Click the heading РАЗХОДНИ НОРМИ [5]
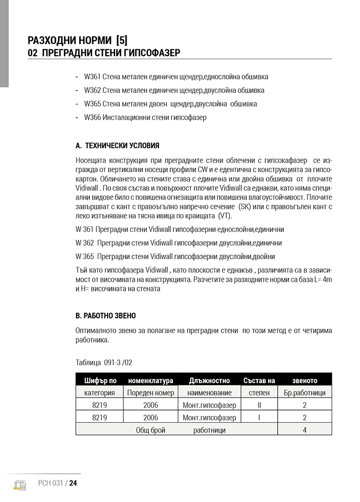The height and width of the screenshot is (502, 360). coord(78,40)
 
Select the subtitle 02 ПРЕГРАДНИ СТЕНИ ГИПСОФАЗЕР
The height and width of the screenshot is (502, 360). coord(103,53)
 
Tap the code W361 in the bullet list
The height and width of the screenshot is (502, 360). coord(92,77)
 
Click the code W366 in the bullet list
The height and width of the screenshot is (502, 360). coord(93,117)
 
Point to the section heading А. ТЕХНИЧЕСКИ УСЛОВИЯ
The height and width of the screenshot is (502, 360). coord(117,146)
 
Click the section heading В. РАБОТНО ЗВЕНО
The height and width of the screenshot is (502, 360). coord(105,315)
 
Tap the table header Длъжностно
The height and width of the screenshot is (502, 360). coord(209,381)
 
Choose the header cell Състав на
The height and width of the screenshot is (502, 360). coord(259,381)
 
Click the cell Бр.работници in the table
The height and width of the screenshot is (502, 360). coord(304,393)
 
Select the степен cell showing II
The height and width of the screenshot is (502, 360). coord(259,405)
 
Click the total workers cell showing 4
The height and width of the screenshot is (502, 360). coord(304,430)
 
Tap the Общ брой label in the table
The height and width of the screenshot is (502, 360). coord(150,430)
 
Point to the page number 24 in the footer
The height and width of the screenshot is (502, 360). coord(73,483)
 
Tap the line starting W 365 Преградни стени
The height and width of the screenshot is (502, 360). coord(175,256)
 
